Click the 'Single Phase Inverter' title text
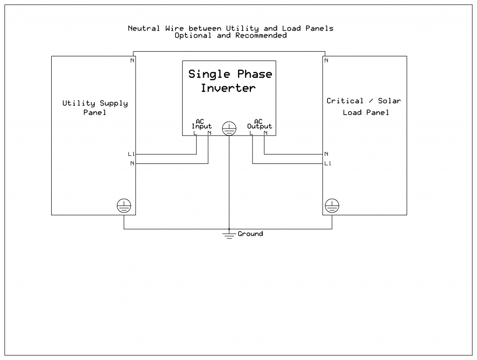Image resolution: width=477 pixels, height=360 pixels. (x=230, y=81)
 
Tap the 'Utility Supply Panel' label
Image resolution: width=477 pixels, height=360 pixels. (x=95, y=108)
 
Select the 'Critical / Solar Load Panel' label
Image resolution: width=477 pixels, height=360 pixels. (x=364, y=107)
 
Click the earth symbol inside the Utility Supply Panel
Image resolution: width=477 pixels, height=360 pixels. (x=124, y=205)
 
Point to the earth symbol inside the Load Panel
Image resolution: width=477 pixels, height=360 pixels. (x=332, y=205)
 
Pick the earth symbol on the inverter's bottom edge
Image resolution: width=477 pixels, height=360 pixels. (x=229, y=129)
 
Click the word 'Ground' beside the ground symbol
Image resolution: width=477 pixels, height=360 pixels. (x=250, y=234)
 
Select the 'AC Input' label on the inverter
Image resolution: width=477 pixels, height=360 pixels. (x=202, y=124)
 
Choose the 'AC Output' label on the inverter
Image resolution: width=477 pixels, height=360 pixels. (x=259, y=124)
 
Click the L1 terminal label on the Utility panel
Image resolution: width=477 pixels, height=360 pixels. (x=131, y=154)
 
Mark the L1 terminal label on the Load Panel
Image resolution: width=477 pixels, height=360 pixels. (x=328, y=163)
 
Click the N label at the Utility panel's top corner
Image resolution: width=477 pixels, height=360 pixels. (x=132, y=61)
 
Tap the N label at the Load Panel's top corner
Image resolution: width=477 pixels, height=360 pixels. (x=326, y=61)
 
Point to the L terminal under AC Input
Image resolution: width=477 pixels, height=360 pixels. (x=195, y=133)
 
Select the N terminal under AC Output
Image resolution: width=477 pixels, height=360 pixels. (x=265, y=133)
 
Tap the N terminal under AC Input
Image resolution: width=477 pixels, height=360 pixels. (x=209, y=133)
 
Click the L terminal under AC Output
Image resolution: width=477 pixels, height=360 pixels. (x=251, y=133)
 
